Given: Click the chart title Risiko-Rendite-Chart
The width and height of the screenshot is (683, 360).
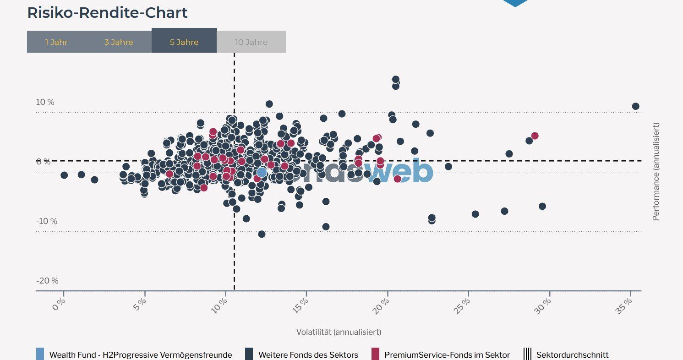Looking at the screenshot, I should (x=108, y=13).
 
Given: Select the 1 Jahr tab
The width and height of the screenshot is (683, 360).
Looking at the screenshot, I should (x=56, y=42).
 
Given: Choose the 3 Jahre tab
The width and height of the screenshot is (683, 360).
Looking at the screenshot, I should (x=119, y=42).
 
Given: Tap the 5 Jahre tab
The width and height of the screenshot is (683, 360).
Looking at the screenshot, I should (x=184, y=42).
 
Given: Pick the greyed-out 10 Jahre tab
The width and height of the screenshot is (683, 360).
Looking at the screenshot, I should (x=251, y=42).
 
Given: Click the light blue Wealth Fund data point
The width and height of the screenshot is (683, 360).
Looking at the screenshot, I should (x=262, y=172).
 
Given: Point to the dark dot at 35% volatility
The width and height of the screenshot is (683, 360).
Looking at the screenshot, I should (x=635, y=106).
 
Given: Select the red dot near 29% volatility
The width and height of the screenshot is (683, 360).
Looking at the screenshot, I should (x=535, y=136).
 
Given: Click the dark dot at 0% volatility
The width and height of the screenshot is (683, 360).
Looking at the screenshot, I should (x=64, y=175).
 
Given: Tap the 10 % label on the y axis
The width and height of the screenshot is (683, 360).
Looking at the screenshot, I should (x=45, y=102).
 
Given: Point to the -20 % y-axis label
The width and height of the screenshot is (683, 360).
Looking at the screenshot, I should (x=47, y=281).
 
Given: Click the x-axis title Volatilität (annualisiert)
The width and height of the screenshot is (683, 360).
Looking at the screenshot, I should (x=339, y=332).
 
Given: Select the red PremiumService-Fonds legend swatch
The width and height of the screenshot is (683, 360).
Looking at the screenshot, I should (x=375, y=354).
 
